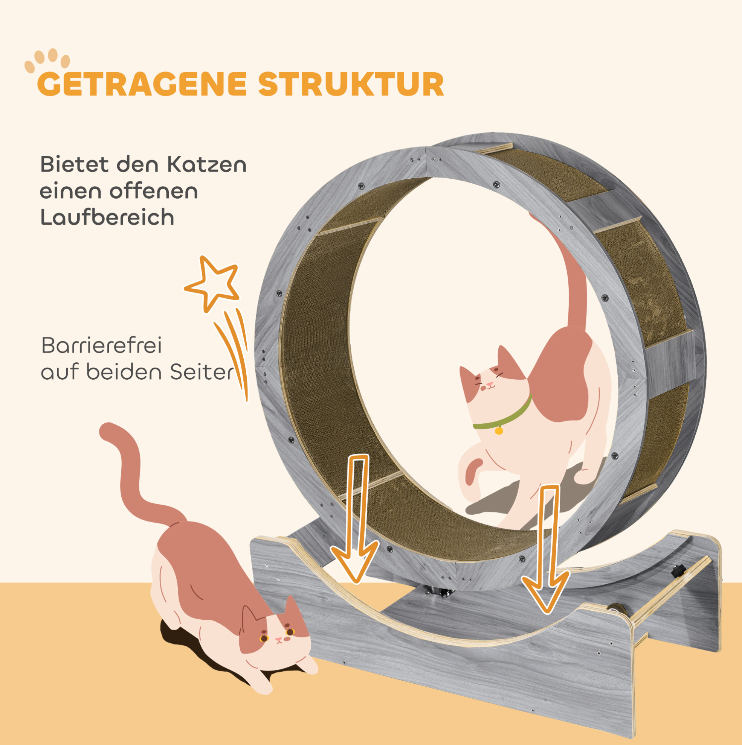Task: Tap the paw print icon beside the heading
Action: pyautogui.click(x=47, y=61)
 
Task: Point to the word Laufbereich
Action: pyautogui.click(x=107, y=217)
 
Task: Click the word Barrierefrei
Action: pyautogui.click(x=101, y=345)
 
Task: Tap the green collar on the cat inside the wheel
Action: pyautogui.click(x=504, y=415)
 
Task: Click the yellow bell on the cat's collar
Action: pyautogui.click(x=499, y=430)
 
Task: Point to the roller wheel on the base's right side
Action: pyautogui.click(x=612, y=610)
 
